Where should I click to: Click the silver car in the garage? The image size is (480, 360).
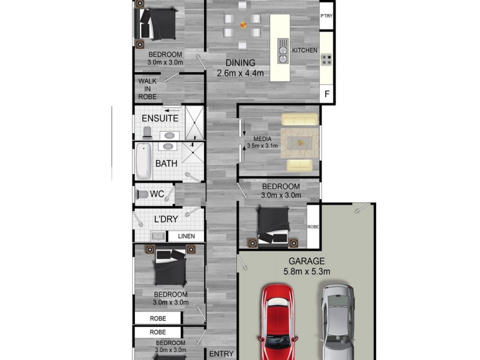click(x=338, y=321)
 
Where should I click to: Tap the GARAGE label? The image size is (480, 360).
click(x=307, y=261)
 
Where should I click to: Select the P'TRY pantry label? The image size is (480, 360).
click(x=326, y=16)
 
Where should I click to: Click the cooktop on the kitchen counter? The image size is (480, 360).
click(x=326, y=59)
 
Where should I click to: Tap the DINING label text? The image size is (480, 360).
click(x=241, y=63)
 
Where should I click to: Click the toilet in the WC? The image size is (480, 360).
click(x=142, y=194)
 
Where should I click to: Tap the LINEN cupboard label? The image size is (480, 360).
click(x=185, y=236)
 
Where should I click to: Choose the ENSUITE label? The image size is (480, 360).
click(x=160, y=118)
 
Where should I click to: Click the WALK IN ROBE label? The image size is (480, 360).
click(x=148, y=88)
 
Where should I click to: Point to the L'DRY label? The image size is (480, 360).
click(x=166, y=219)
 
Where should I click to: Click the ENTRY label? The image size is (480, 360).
click(x=221, y=354)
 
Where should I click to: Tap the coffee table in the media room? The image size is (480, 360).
click(x=298, y=142)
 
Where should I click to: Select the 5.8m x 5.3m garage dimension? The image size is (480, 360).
click(x=307, y=271)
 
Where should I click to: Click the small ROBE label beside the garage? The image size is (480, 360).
click(x=313, y=227)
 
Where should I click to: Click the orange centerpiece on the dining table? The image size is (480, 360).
click(x=243, y=25)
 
